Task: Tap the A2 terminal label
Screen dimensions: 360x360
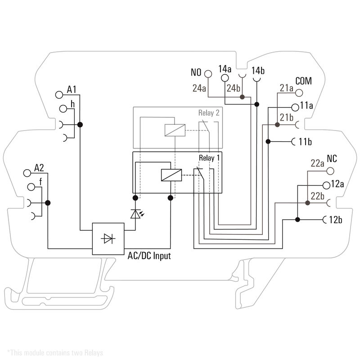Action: point(40,168)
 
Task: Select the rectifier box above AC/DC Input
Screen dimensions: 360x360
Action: point(108,238)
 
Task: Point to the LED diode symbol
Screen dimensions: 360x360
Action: point(135,214)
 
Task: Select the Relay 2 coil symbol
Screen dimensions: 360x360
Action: point(174,130)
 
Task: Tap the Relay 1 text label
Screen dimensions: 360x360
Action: point(209,158)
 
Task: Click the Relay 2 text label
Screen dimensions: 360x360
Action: point(209,112)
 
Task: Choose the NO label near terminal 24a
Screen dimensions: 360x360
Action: point(196,72)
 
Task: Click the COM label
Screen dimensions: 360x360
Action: point(304,81)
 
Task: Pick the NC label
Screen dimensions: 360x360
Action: point(332,158)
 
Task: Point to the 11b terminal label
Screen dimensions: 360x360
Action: point(306,142)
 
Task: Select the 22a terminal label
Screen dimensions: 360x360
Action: point(318,163)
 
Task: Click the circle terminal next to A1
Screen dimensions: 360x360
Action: point(58,94)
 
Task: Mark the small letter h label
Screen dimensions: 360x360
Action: point(72,104)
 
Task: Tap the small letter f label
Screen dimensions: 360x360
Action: point(41,182)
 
